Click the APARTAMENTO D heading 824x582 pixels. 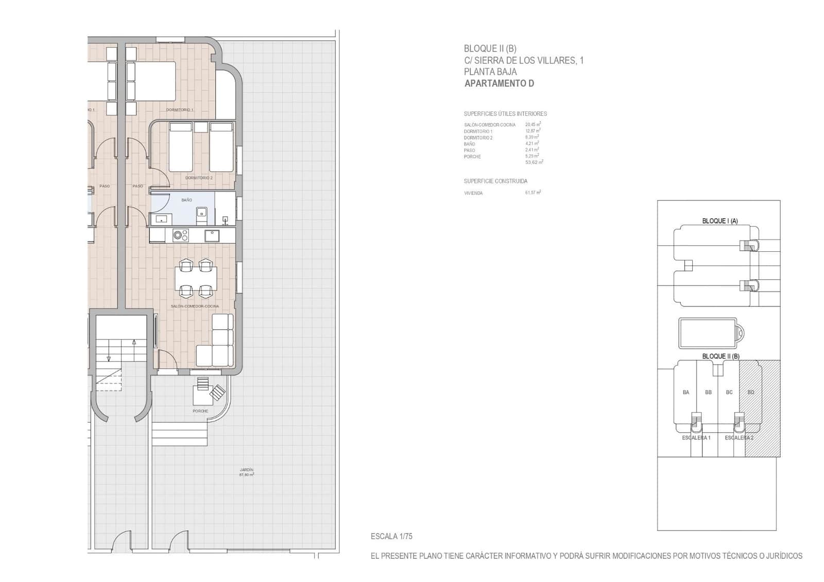(499, 83)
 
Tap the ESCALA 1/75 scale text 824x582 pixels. (391, 536)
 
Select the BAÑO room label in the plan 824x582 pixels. (186, 200)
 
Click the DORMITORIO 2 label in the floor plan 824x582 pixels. (199, 178)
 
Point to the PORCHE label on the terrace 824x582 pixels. (200, 411)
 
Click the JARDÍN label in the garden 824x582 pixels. (246, 470)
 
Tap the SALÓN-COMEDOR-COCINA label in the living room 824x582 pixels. (195, 306)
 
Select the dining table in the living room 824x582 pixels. (196, 279)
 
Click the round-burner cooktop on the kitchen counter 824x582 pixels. (180, 235)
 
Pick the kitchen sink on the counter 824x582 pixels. (212, 235)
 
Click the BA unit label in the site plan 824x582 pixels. (685, 392)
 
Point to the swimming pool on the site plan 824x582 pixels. (708, 334)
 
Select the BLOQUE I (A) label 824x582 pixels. (719, 221)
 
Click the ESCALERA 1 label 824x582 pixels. (696, 438)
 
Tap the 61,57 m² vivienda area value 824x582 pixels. (533, 193)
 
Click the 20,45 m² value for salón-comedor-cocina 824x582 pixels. (533, 125)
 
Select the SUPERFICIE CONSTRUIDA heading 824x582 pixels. (495, 181)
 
